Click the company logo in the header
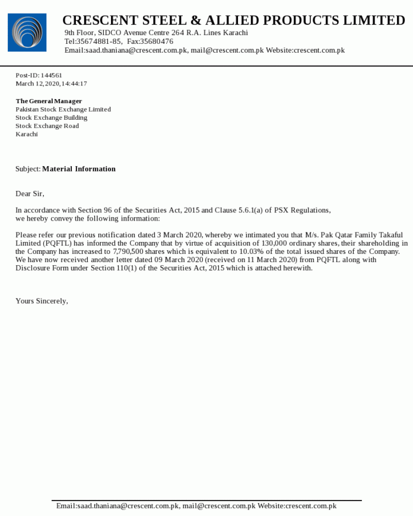27,33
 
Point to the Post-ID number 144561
52,75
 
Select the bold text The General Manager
49,101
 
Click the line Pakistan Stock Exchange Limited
63,109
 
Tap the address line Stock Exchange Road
47,126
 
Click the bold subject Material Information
79,169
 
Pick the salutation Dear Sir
30,194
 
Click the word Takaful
390,235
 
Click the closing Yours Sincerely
42,301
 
